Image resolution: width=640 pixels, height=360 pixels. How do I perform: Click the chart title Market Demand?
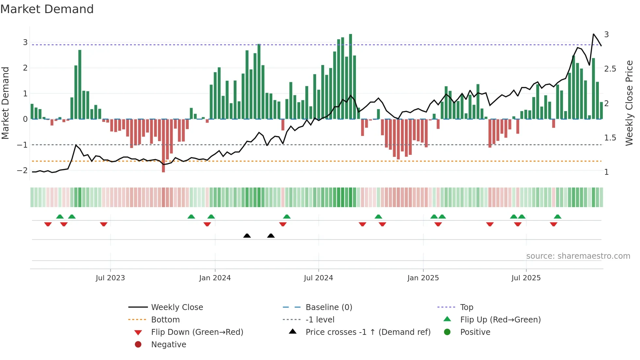pyautogui.click(x=47, y=9)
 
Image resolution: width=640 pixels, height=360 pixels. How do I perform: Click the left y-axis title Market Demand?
pyautogui.click(x=6, y=103)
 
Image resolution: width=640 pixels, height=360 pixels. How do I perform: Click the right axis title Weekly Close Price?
pyautogui.click(x=629, y=103)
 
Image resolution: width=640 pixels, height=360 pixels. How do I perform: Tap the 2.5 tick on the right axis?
pyautogui.click(x=610, y=69)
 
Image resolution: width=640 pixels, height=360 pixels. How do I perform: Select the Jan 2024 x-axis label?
pyautogui.click(x=215, y=278)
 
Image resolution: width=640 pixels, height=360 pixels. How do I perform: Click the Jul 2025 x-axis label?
pyautogui.click(x=526, y=278)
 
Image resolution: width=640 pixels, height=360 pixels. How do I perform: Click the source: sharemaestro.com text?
pyautogui.click(x=578, y=256)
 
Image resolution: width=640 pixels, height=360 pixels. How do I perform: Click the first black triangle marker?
pyautogui.click(x=247, y=236)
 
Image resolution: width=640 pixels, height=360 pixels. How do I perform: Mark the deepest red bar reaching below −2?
pyautogui.click(x=164, y=145)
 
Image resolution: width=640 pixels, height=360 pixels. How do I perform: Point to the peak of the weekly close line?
pyautogui.click(x=593, y=34)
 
